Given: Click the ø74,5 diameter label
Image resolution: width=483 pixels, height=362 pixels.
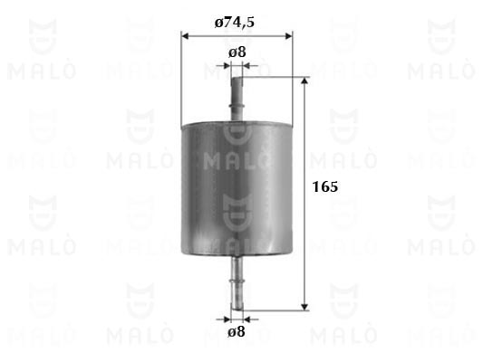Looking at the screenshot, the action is [235, 22].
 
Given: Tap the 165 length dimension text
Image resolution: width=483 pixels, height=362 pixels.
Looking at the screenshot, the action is [325, 186].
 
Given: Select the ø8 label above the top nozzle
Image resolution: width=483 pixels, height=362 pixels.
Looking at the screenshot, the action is [237, 52].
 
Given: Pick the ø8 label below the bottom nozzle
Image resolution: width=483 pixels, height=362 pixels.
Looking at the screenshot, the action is [237, 331].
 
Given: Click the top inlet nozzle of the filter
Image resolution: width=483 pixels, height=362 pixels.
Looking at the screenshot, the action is [237, 100].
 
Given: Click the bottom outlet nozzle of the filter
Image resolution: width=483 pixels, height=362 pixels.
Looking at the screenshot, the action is [237, 282].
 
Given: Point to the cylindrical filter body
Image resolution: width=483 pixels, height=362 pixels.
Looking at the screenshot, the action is [237, 189].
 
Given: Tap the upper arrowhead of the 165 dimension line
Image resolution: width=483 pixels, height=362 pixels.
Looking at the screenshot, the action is [304, 81].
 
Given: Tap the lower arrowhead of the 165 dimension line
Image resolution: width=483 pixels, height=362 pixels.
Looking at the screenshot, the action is [304, 307].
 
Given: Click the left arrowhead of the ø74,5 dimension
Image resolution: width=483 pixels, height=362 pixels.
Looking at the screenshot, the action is [185, 36].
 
